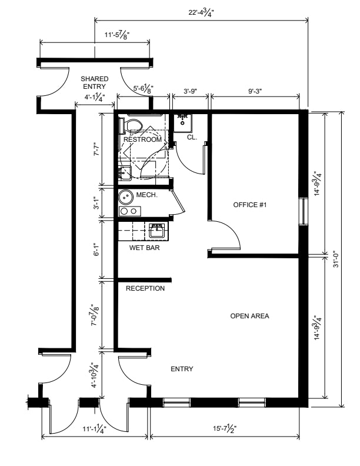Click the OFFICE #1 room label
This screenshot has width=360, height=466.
coord(250,205)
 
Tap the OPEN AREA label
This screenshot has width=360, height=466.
coord(250,316)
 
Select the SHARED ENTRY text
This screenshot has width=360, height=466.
coord(95,82)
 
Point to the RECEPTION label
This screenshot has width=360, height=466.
coord(145,288)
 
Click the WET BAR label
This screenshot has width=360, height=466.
coord(144,248)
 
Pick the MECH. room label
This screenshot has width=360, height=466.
coord(146,195)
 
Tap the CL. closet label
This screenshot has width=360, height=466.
coord(192,137)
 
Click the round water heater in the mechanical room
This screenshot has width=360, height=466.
coord(126,197)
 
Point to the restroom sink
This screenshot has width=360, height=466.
coord(125,173)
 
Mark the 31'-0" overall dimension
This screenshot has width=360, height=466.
coord(336,259)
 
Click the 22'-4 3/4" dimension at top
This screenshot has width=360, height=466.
coord(201,13)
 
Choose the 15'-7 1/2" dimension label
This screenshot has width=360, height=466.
coord(225,428)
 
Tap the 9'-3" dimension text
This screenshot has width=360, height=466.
coord(255,91)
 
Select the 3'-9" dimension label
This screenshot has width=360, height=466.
coord(191,91)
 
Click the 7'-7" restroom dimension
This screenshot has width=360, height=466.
coord(96,149)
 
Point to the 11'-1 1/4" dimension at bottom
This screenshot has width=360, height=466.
coord(95,428)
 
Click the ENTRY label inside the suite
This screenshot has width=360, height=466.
coord(182,369)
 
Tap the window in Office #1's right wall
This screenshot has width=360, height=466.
coord(303,211)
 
